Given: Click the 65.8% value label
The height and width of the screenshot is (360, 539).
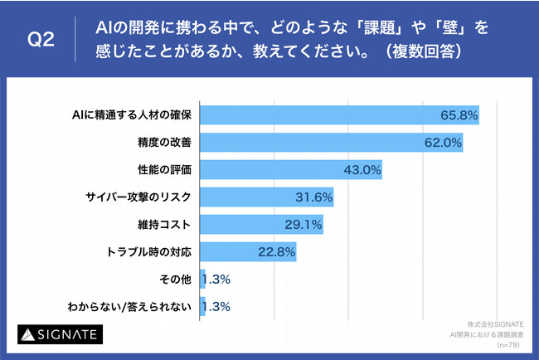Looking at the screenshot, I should [x=459, y=115].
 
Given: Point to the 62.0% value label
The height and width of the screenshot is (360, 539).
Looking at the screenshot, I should [x=443, y=143].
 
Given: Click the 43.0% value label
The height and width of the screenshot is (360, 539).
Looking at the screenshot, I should [x=362, y=170].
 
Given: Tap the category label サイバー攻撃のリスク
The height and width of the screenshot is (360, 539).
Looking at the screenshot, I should [x=138, y=197].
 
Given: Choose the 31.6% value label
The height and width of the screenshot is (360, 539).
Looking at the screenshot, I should [x=314, y=197].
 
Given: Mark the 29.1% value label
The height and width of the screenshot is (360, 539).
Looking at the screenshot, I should [x=303, y=225].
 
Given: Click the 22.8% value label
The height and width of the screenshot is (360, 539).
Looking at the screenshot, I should [x=277, y=252].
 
